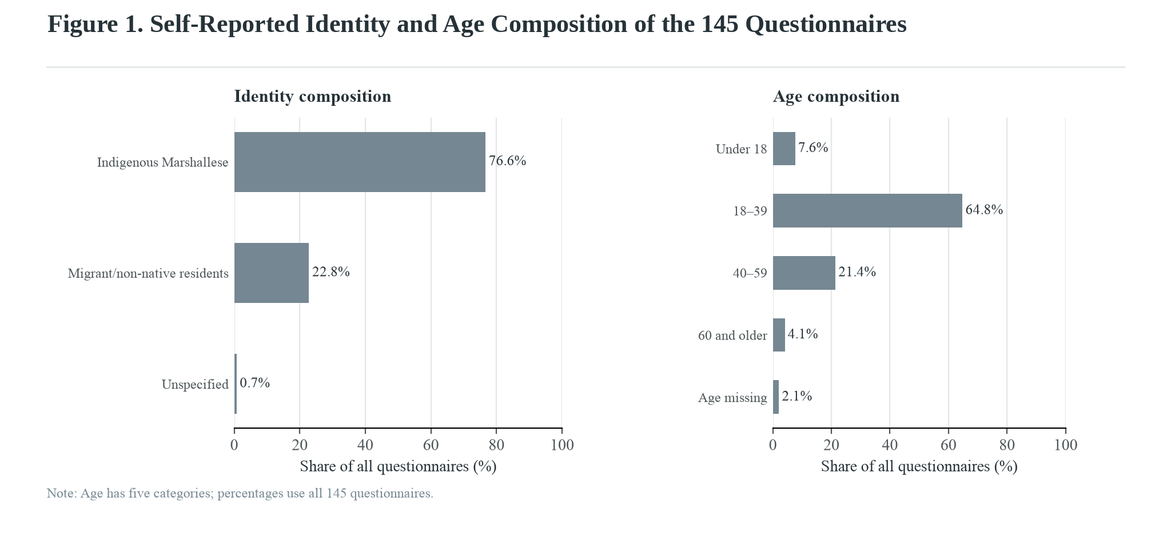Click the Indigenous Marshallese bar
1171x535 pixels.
tap(360, 162)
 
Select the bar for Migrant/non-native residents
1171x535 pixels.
tap(272, 273)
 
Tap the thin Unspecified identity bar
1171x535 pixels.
tap(236, 384)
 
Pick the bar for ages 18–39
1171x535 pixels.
tap(867, 210)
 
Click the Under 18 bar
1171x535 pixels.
tap(784, 149)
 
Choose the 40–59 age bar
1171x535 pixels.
tap(804, 273)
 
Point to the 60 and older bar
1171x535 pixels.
tap(779, 335)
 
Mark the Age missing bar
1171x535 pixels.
tap(776, 397)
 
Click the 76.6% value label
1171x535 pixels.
tap(508, 161)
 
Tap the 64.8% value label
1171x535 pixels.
tap(984, 210)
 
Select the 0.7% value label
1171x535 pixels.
tap(255, 383)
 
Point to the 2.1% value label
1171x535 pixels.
tap(797, 396)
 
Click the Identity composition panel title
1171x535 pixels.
tap(313, 96)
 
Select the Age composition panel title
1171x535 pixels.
tap(836, 96)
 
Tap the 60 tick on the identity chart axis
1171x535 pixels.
tap(431, 445)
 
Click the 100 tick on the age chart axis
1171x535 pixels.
tap(1065, 445)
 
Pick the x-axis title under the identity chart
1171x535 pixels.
tap(398, 466)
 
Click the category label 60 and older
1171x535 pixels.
tap(732, 336)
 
